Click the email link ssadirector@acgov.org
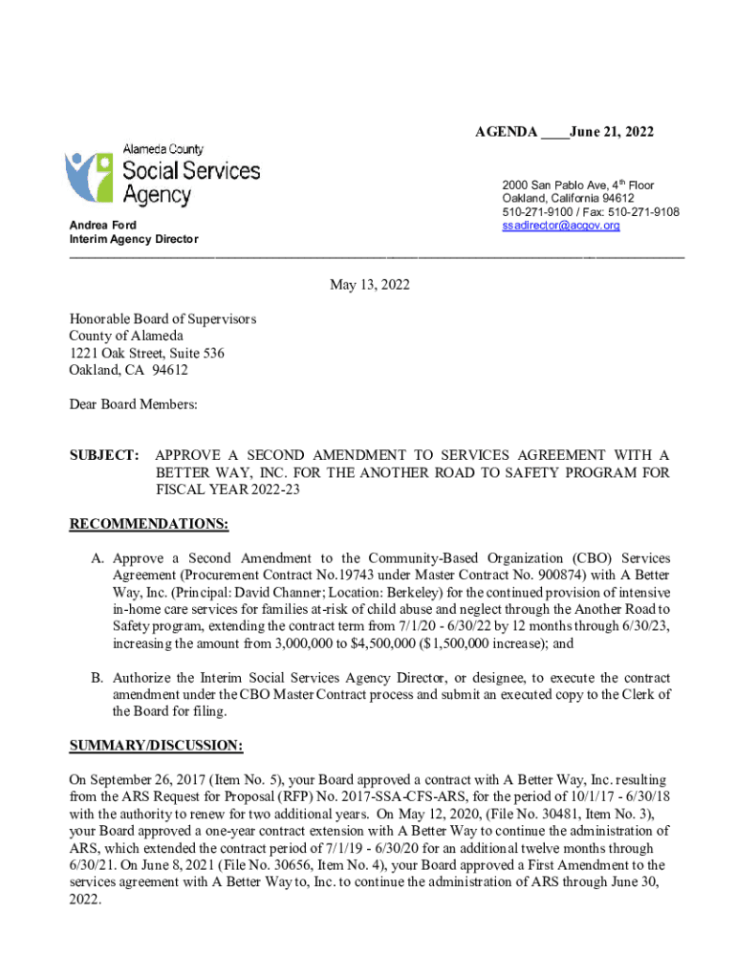pyautogui.click(x=561, y=226)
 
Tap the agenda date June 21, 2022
pyautogui.click(x=612, y=131)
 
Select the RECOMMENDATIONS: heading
pyautogui.click(x=149, y=524)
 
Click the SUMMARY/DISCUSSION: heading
pyautogui.click(x=156, y=745)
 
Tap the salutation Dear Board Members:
pyautogui.click(x=133, y=404)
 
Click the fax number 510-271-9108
pyautogui.click(x=645, y=211)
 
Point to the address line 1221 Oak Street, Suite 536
pyautogui.click(x=146, y=353)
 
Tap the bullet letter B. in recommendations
pyautogui.click(x=97, y=678)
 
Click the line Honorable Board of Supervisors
pyautogui.click(x=162, y=318)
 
